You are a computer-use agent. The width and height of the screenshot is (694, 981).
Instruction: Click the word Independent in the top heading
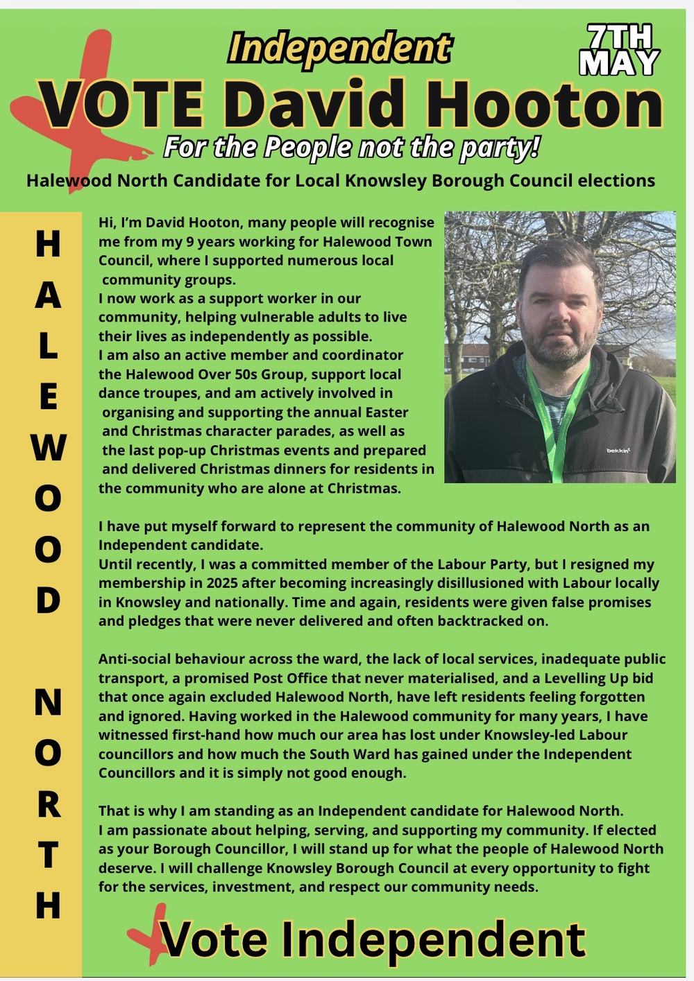click(339, 49)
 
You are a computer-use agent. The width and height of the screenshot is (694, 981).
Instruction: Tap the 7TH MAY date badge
click(619, 51)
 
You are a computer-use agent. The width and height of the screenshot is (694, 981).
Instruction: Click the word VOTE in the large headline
click(123, 106)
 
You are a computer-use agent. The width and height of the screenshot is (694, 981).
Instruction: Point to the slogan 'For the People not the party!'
click(350, 148)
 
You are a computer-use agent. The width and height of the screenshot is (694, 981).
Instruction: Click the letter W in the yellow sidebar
click(48, 448)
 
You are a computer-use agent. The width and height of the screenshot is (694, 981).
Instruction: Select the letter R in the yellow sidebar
click(48, 804)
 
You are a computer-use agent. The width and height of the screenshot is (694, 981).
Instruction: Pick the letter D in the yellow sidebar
click(48, 600)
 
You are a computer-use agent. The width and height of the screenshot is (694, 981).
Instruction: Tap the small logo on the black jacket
click(618, 451)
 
